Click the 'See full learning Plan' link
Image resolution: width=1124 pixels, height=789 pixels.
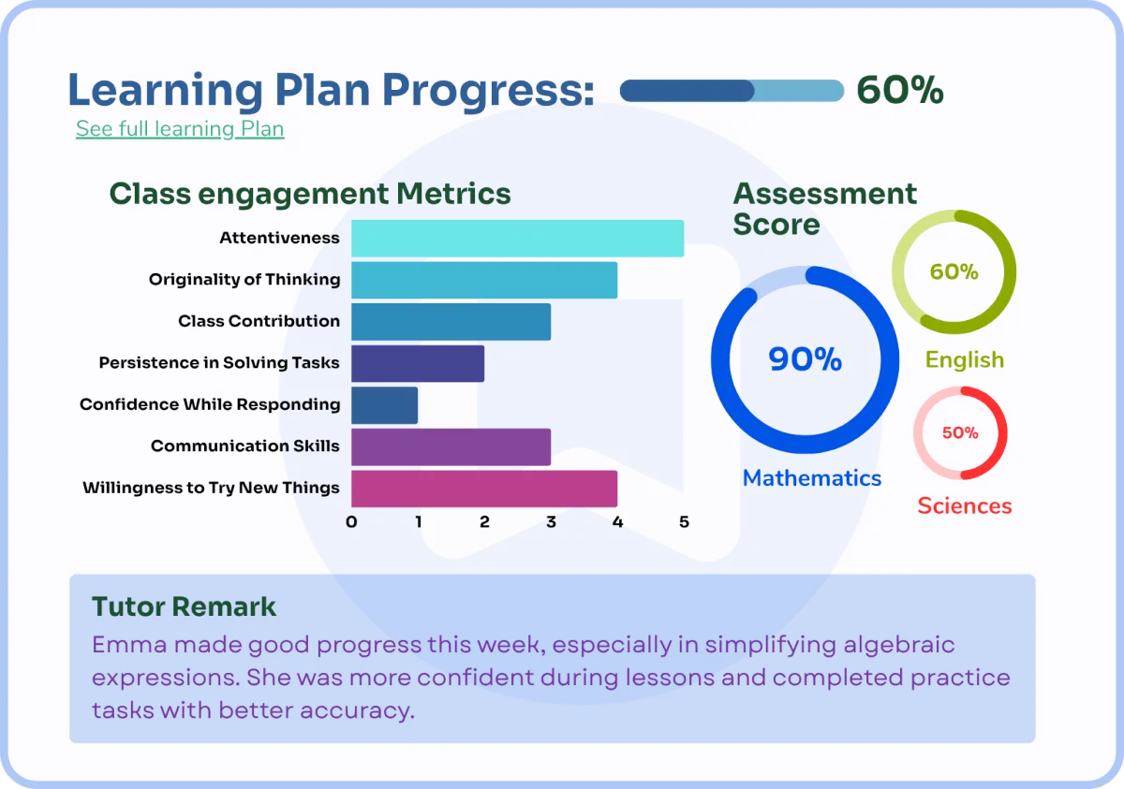[x=180, y=129]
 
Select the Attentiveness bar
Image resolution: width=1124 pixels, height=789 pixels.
[x=517, y=238]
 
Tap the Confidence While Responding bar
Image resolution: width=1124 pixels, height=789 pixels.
[x=384, y=405]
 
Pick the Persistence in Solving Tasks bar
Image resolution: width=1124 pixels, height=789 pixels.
[x=418, y=363]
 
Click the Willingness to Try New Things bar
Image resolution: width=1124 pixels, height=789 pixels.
[x=484, y=489]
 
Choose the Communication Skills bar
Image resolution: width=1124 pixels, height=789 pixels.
[x=451, y=446]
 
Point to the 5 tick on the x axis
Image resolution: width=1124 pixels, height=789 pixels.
[x=684, y=522]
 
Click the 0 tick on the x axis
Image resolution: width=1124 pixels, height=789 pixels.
[x=351, y=522]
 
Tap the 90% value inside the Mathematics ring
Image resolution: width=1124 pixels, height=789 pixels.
[x=805, y=358]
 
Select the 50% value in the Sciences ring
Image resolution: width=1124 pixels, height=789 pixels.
[x=960, y=432]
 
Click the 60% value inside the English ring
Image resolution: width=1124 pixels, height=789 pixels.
[x=954, y=271]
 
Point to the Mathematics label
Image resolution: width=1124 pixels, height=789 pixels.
[x=812, y=477]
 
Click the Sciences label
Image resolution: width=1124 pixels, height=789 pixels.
[x=965, y=505]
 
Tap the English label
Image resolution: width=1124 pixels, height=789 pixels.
[x=965, y=360]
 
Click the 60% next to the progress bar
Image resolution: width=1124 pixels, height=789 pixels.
[x=900, y=90]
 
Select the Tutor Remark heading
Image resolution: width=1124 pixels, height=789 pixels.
[x=184, y=606]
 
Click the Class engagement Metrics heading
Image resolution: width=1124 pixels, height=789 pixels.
[x=310, y=194]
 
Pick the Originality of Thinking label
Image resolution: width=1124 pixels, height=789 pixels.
[x=244, y=279]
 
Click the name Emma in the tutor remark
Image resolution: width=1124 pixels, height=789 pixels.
[x=129, y=645]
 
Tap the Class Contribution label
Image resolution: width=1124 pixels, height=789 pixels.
[x=259, y=321]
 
